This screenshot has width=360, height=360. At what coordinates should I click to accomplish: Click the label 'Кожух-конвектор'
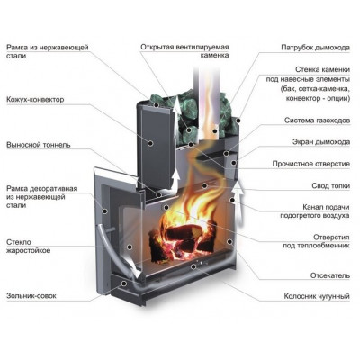coord(35,99)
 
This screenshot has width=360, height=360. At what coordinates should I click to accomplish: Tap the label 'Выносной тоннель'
coord(39,145)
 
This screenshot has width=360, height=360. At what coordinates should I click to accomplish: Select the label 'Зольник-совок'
coord(31,296)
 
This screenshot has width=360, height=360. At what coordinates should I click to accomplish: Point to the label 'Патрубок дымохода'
coord(316,48)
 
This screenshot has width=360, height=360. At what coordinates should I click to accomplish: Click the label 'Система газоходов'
coord(318,121)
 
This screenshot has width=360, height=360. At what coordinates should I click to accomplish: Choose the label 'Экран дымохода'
coord(321,142)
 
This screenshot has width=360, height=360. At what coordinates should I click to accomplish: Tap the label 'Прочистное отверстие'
coord(311,164)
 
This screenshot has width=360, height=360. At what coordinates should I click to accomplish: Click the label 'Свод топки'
coord(331,186)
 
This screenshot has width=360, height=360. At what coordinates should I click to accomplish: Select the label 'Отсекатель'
coord(330,275)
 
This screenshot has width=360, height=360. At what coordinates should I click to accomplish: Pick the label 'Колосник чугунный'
coord(317,296)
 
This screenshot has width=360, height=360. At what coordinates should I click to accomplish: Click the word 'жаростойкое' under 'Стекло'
coord(29,251)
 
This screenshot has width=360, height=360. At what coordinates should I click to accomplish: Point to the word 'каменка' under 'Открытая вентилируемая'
coord(214,56)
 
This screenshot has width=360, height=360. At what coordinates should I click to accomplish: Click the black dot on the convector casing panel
coord(151,143)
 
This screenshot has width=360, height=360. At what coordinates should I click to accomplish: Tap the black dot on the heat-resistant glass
coord(130,247)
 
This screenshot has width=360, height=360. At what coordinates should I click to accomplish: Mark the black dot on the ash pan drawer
coord(124,283)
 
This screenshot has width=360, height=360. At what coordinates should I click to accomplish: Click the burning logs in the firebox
coord(183,240)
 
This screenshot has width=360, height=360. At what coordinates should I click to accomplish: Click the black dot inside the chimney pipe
coord(214,130)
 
